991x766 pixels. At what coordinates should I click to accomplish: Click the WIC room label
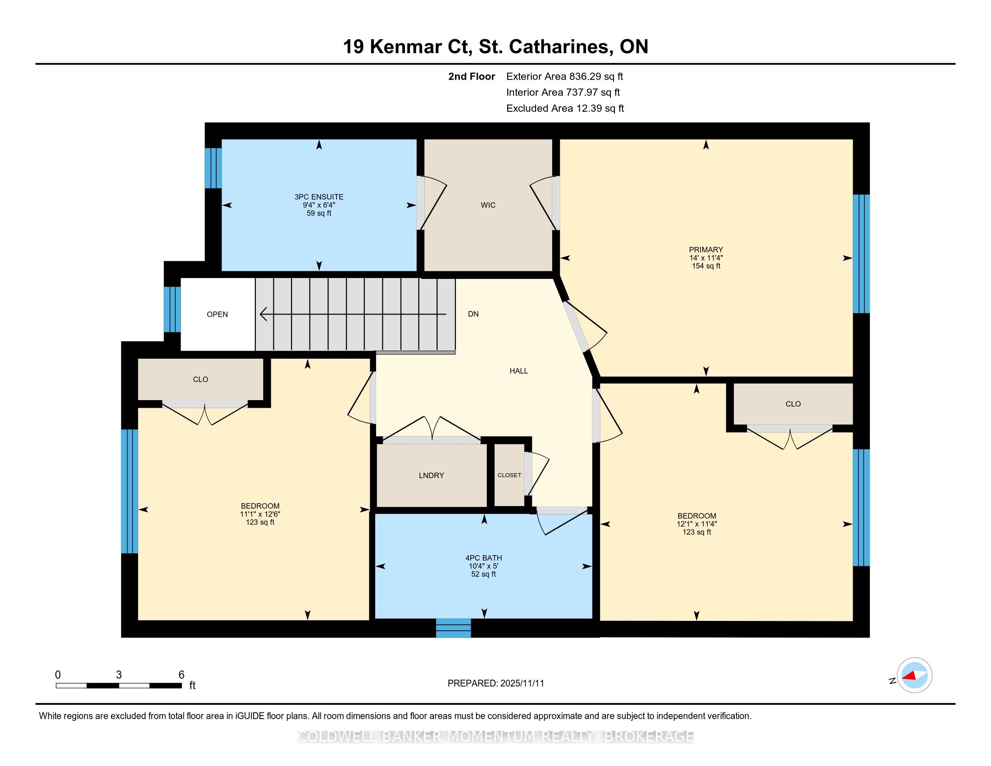(x=488, y=205)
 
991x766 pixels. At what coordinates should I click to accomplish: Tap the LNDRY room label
(x=431, y=475)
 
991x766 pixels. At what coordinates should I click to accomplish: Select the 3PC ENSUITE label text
(x=319, y=197)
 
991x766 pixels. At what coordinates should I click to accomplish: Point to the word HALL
(x=518, y=371)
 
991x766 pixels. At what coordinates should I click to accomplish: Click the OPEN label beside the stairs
(x=218, y=314)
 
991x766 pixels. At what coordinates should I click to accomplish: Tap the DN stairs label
(x=473, y=314)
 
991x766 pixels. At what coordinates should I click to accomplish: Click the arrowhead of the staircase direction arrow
(x=263, y=314)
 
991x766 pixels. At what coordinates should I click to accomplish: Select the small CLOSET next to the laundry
(x=509, y=475)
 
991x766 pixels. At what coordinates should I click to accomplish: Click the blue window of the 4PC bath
(x=453, y=628)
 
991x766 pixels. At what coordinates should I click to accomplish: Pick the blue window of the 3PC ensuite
(x=213, y=168)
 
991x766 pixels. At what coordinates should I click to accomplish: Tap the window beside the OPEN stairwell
(x=173, y=310)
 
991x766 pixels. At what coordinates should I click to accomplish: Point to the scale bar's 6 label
(x=182, y=675)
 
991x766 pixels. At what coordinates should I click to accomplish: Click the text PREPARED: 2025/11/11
(x=495, y=684)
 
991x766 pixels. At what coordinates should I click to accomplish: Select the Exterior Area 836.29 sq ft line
(x=565, y=76)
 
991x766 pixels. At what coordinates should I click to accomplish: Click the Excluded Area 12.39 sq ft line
(x=565, y=109)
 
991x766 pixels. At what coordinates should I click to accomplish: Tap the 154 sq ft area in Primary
(x=706, y=266)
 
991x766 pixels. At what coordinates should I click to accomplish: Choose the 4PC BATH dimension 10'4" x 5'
(x=484, y=566)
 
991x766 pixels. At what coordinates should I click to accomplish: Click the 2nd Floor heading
(x=472, y=76)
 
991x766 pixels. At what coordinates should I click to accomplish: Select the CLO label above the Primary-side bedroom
(x=793, y=404)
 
